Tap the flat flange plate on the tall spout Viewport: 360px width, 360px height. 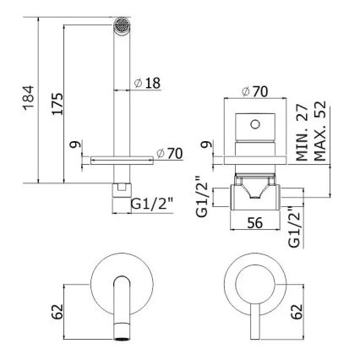pyautogui.click(x=117, y=156)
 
